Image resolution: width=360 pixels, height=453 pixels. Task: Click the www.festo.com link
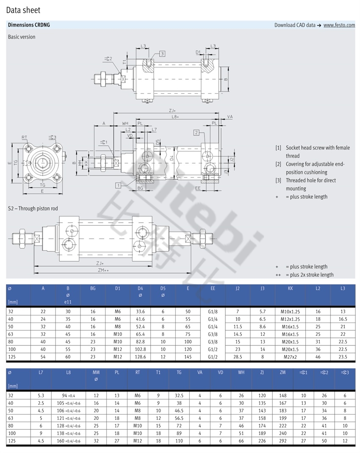tap(339, 25)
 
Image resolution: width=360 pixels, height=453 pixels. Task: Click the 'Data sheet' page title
tap(23, 10)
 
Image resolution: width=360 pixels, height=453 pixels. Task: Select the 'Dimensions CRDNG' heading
tap(29, 25)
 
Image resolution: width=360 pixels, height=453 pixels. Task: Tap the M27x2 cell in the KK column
tap(290, 357)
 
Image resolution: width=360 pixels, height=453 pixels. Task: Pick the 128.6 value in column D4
tap(140, 357)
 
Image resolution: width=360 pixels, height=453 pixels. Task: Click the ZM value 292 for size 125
tap(282, 441)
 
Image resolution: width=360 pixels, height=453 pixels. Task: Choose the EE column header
tap(213, 288)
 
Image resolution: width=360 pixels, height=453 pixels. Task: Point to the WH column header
tap(241, 373)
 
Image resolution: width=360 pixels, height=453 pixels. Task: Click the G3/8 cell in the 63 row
tap(213, 334)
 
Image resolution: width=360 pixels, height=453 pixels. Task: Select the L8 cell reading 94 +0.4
tap(68, 395)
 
